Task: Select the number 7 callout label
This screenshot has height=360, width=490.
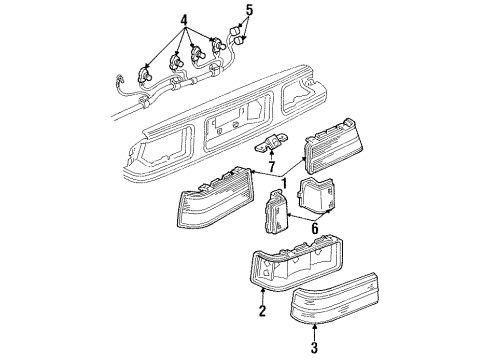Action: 269,163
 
